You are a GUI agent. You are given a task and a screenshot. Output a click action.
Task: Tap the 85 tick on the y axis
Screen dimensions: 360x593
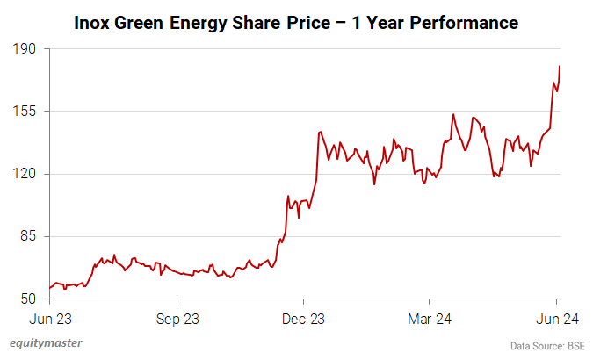(x=26, y=236)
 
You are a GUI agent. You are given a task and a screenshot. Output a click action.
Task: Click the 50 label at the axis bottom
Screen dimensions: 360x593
(x=26, y=299)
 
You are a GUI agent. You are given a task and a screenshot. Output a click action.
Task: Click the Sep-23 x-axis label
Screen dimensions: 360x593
(x=178, y=320)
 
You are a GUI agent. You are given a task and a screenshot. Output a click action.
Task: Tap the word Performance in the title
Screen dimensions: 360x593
(x=465, y=20)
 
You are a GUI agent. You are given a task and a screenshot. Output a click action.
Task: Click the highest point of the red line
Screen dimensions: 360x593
(x=560, y=66)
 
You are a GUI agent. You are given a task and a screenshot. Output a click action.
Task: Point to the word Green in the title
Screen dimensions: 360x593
(x=145, y=20)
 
